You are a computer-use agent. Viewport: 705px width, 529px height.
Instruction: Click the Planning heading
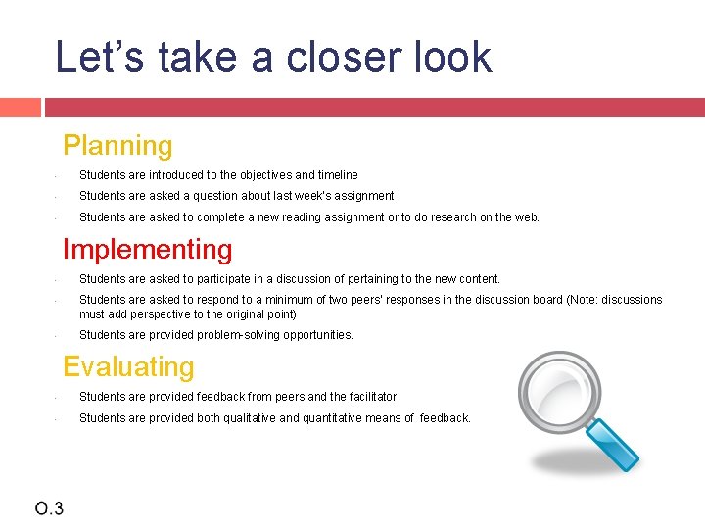(117, 146)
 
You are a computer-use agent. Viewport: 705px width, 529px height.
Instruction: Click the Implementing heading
(147, 250)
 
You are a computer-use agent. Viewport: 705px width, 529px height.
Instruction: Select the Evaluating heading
(128, 367)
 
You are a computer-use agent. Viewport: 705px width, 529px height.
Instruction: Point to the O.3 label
(49, 507)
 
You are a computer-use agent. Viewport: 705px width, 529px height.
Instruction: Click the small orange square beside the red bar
(20, 107)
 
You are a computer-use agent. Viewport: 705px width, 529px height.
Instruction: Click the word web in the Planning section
(526, 217)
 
